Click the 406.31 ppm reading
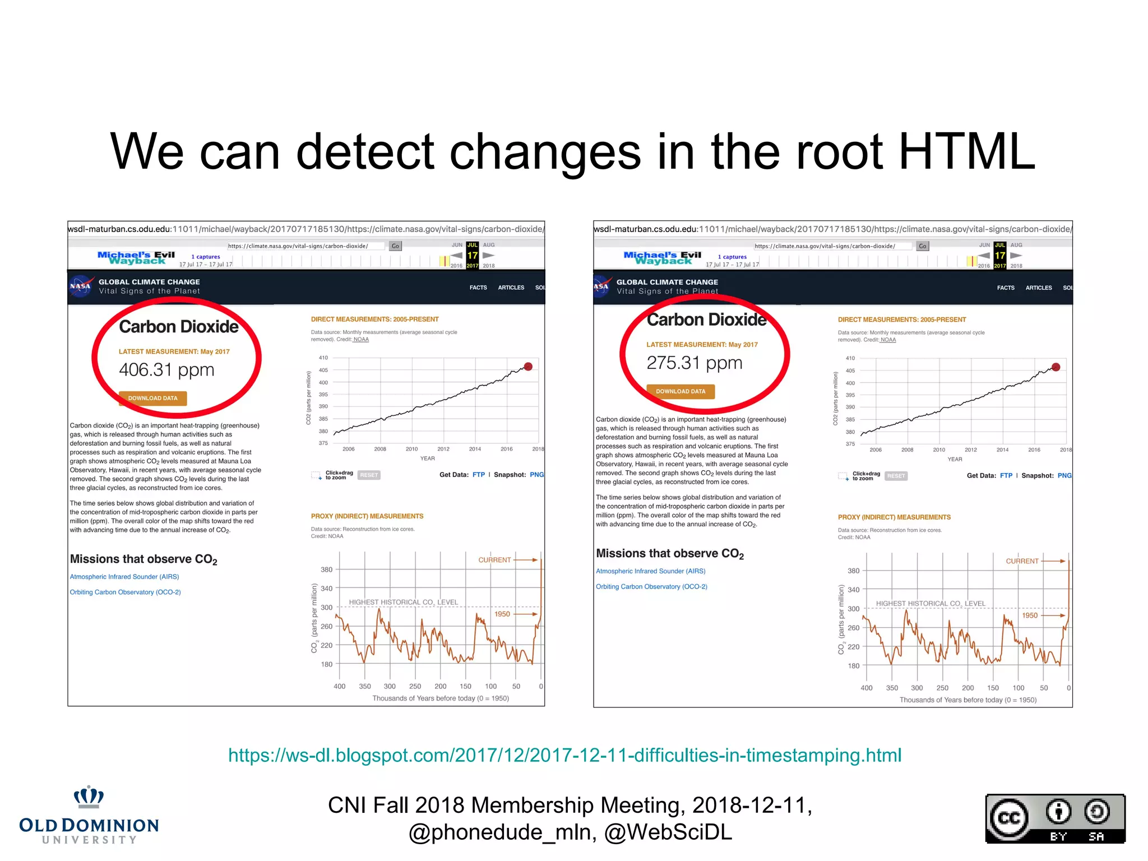[166, 370]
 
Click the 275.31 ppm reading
[694, 363]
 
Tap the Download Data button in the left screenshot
[152, 399]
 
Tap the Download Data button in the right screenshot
[681, 392]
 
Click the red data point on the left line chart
[528, 367]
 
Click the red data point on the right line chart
[1056, 367]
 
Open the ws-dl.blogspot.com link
[564, 756]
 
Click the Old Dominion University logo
[89, 816]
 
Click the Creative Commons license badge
[1055, 819]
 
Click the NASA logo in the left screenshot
[81, 286]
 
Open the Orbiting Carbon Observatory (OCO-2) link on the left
[125, 592]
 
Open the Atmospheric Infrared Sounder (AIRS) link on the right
[650, 571]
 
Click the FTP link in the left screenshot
[478, 475]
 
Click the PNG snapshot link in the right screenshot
[1064, 476]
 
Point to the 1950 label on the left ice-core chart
[502, 614]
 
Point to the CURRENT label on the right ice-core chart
[1022, 561]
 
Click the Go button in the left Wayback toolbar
[395, 246]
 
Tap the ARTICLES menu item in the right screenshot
[1038, 288]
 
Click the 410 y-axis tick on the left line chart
[323, 358]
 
